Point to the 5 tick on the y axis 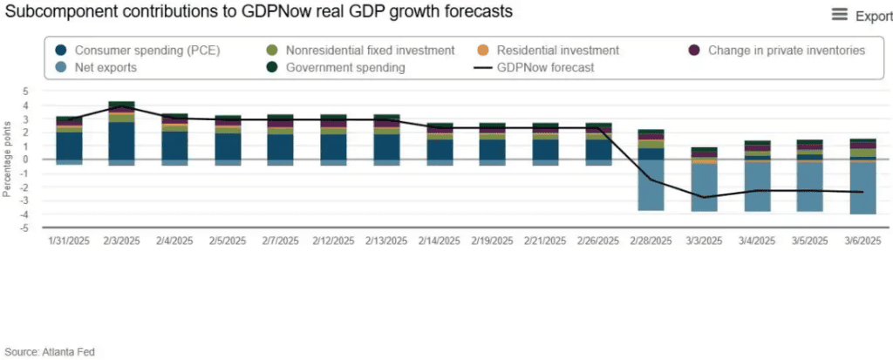(x=25, y=92)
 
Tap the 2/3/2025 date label (x=123, y=240)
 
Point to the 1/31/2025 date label (x=70, y=240)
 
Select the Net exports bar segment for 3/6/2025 (x=863, y=188)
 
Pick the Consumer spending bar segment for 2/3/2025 (x=122, y=140)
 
